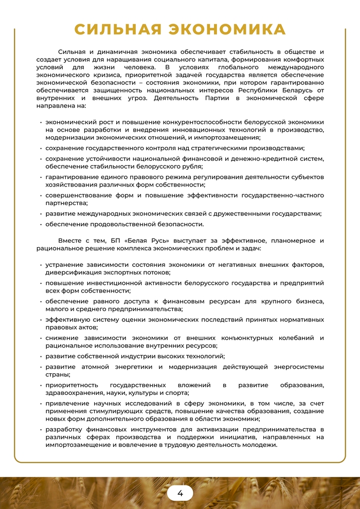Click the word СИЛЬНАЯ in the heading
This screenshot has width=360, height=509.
[x=122, y=29]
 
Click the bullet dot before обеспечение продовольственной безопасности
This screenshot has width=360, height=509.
[x=41, y=224]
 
